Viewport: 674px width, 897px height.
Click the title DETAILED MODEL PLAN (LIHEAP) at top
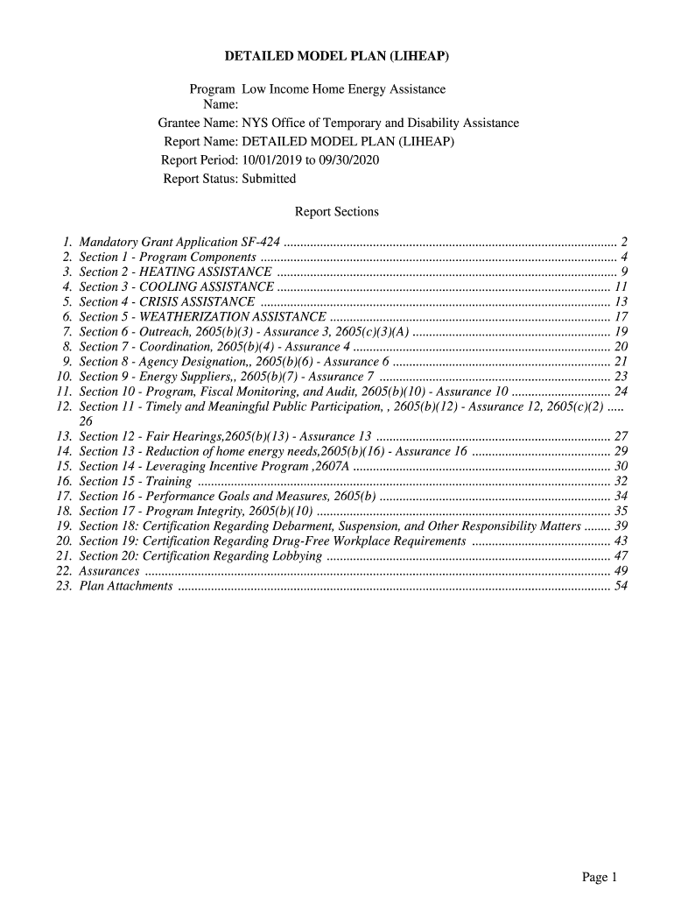click(x=337, y=57)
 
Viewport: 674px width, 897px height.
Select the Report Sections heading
click(x=337, y=212)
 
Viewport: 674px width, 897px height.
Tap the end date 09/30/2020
click(x=349, y=160)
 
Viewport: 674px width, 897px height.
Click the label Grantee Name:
click(x=198, y=124)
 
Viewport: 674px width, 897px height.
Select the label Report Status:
click(x=200, y=179)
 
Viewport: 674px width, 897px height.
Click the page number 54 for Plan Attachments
click(x=621, y=585)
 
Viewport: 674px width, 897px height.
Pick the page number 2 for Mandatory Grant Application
click(x=624, y=242)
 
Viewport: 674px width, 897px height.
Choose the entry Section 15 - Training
click(x=136, y=481)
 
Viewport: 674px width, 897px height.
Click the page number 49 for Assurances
click(x=621, y=570)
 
